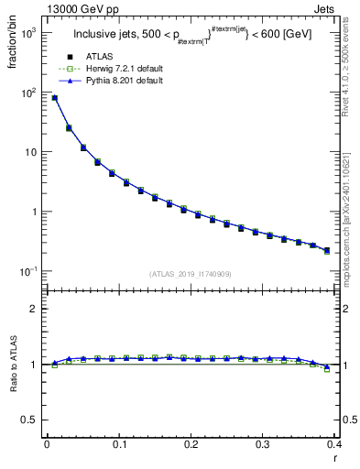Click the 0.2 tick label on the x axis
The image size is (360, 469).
[191, 445]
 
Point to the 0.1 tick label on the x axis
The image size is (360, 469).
[118, 445]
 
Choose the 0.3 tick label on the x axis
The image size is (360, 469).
[263, 445]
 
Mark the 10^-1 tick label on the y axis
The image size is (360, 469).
[29, 271]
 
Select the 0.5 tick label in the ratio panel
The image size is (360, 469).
[32, 420]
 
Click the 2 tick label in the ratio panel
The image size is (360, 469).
[35, 309]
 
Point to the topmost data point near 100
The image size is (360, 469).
[54, 98]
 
